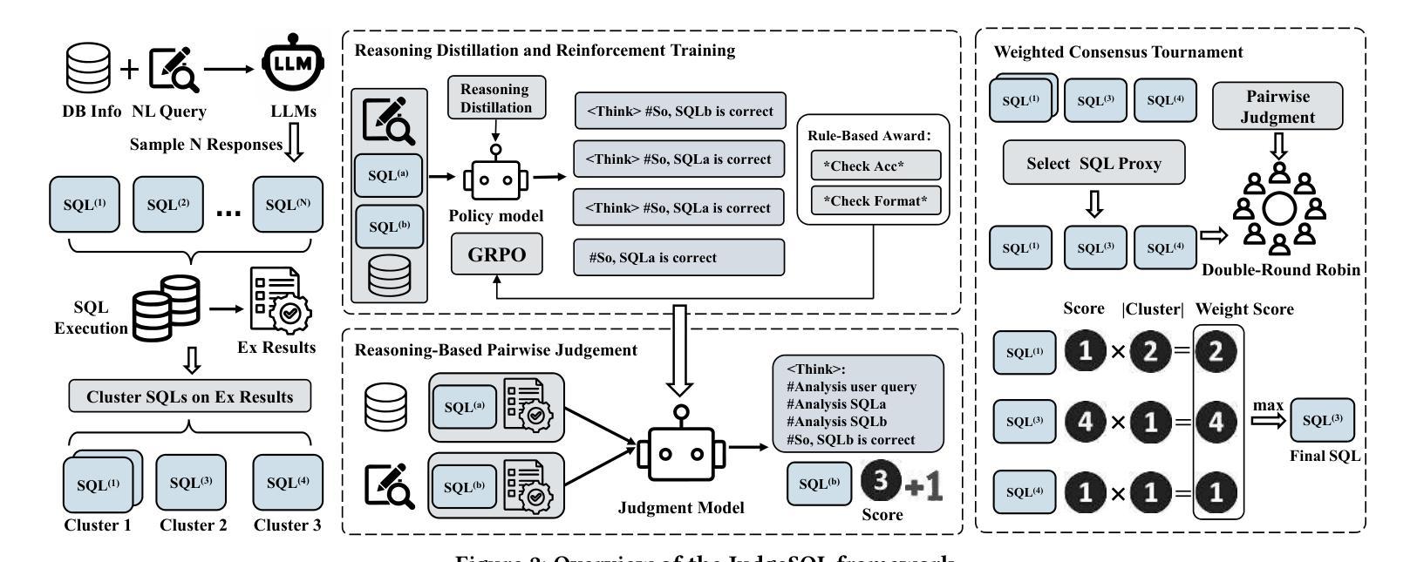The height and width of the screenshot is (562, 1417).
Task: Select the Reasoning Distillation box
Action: point(495,98)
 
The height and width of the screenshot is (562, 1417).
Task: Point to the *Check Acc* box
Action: point(875,165)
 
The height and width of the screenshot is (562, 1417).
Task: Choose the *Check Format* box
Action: point(875,200)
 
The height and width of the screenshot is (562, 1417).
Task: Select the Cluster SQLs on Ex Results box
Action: point(189,397)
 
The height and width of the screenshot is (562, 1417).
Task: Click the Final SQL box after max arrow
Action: point(1322,421)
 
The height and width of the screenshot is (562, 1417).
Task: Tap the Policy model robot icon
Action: point(495,178)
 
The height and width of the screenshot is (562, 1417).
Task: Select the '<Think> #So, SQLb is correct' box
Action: point(680,111)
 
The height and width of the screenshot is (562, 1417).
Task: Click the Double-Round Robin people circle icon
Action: point(1277,210)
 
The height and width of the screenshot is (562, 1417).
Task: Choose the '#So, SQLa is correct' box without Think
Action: point(678,257)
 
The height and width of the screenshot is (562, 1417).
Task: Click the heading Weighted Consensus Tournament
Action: point(1118,52)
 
